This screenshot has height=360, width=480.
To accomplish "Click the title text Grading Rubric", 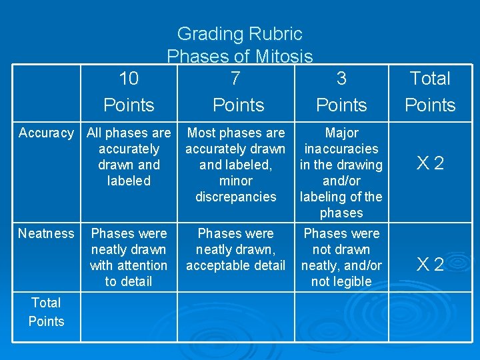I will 239,34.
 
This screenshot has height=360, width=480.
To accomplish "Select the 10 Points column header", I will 129,91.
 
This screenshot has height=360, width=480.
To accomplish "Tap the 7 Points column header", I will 238,91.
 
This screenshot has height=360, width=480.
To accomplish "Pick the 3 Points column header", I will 341,91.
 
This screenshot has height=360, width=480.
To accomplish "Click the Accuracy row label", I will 46,133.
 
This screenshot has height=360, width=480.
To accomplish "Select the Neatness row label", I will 46,233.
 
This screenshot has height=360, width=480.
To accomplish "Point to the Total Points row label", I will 46,312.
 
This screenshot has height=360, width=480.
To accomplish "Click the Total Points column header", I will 430,91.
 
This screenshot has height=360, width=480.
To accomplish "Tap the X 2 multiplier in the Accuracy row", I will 430,164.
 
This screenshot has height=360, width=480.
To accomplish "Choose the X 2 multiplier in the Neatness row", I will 430,265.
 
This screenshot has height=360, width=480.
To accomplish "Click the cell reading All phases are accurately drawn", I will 129,157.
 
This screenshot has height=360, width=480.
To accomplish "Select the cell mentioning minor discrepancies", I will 235,165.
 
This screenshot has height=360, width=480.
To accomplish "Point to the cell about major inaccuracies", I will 341,173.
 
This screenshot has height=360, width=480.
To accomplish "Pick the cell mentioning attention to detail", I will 129,257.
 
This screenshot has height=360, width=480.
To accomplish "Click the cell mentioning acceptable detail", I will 235,249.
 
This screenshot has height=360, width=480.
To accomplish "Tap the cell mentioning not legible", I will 341,257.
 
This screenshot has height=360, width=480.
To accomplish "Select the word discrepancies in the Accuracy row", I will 235,197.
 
